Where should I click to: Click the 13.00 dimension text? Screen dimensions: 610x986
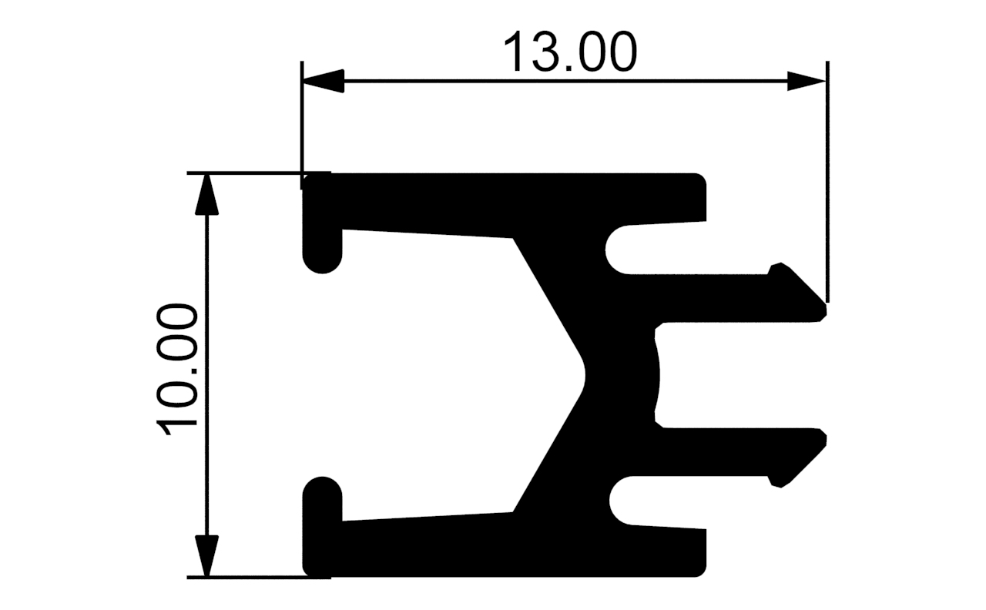coord(570,52)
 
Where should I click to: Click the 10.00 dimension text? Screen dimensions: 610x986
coord(178,370)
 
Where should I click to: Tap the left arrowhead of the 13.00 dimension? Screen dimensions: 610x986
coord(324,81)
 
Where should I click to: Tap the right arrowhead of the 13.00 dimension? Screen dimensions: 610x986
coord(807,81)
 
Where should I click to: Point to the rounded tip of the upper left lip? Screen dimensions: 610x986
coord(322,262)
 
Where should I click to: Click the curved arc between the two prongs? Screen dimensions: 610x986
coord(659,375)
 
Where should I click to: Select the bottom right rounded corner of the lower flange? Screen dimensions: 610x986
coord(700,571)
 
